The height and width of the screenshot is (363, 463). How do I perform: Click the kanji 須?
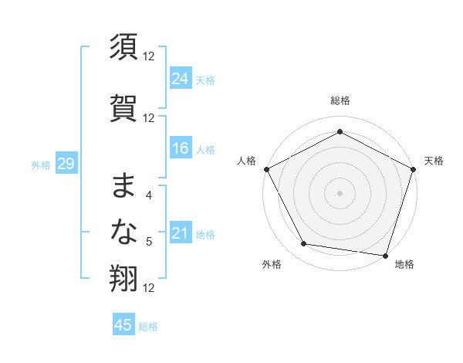pyautogui.click(x=124, y=49)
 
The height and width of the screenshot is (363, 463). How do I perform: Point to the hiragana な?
pyautogui.click(x=124, y=232)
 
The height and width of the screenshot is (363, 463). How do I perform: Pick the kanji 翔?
pyautogui.click(x=124, y=279)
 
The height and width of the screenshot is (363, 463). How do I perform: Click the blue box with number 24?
pyautogui.click(x=181, y=78)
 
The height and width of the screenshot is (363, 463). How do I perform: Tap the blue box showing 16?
pyautogui.click(x=181, y=148)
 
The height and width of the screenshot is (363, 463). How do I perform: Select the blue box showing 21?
pyautogui.click(x=181, y=233)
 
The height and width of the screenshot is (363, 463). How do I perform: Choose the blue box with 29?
pyautogui.click(x=66, y=164)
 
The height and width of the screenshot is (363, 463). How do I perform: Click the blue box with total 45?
pyautogui.click(x=123, y=325)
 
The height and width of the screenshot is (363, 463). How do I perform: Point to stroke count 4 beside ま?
pyautogui.click(x=149, y=195)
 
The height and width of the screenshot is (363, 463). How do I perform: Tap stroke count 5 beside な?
pyautogui.click(x=149, y=242)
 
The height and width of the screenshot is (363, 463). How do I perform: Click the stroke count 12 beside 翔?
pyautogui.click(x=149, y=288)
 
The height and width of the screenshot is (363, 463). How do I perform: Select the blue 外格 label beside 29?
pyautogui.click(x=41, y=165)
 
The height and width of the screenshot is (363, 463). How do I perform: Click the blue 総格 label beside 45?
pyautogui.click(x=148, y=327)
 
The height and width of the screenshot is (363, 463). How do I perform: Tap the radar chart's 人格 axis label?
pyautogui.click(x=247, y=161)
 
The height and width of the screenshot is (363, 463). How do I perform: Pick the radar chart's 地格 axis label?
pyautogui.click(x=404, y=264)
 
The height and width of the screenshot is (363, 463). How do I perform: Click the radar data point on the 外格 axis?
pyautogui.click(x=304, y=244)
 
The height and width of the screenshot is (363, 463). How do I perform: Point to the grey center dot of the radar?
pyautogui.click(x=340, y=192)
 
